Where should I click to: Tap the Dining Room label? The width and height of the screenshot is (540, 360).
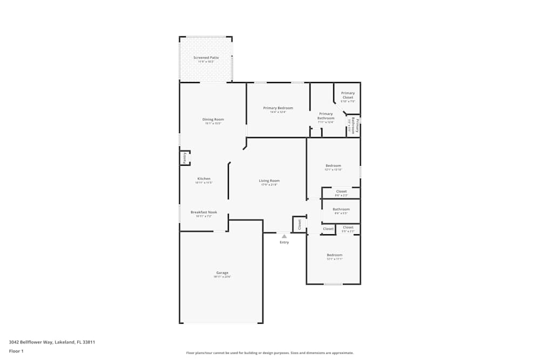213,120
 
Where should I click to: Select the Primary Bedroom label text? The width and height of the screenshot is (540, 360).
278,108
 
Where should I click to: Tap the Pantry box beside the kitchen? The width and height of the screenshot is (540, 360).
185,158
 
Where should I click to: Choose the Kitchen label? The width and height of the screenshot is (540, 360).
204,179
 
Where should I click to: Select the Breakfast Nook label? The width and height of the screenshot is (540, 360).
204,213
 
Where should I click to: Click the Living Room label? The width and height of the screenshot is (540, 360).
269,181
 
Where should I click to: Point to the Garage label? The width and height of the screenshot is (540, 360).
222,273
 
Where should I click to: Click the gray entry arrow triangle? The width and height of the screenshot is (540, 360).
284,236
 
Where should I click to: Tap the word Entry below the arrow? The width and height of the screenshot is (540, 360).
284,242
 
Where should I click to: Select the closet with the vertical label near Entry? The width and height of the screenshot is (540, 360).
299,225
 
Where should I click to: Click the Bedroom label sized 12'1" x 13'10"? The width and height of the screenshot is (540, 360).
333,166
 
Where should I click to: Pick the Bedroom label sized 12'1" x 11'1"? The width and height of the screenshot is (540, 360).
334,255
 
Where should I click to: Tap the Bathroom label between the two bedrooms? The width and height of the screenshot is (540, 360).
341,209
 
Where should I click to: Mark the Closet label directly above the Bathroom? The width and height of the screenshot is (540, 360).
341,192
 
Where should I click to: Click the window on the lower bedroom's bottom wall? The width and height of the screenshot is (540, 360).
333,284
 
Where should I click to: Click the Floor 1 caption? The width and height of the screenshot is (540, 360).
16,351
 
